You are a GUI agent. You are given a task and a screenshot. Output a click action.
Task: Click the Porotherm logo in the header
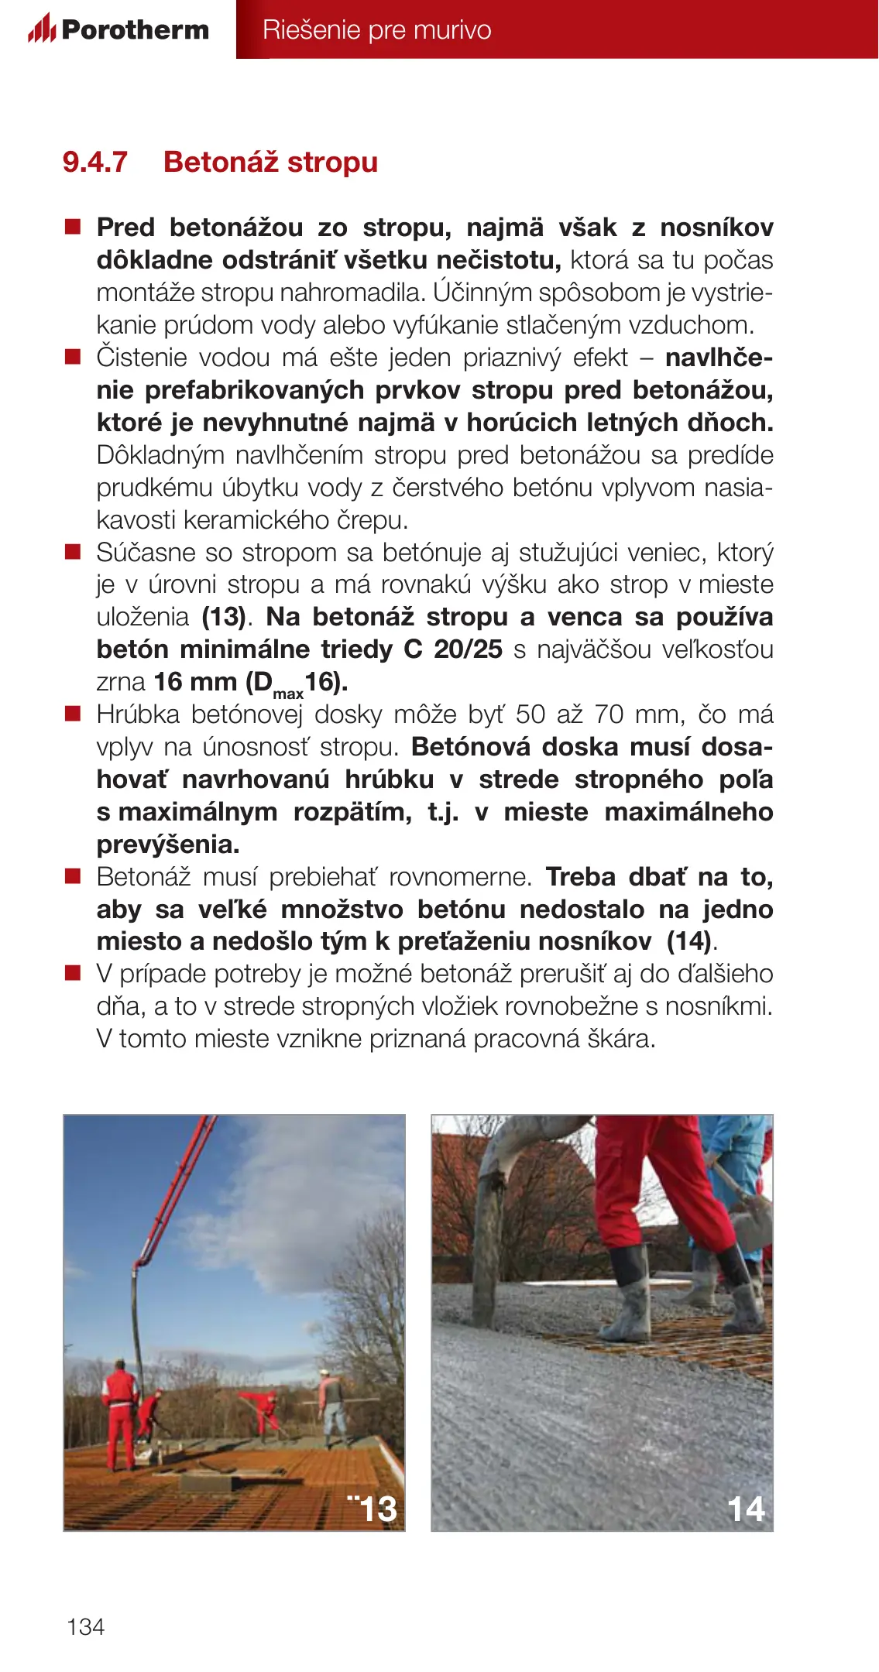118,29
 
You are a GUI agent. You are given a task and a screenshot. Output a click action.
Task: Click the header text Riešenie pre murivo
376,30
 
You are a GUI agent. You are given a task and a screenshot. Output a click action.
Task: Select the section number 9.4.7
94,163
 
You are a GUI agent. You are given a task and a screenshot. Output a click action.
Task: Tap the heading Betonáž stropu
270,163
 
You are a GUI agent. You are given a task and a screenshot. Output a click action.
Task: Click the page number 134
85,1626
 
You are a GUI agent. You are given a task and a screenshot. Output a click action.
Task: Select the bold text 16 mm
195,682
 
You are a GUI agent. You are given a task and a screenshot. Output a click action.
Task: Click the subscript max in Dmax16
288,694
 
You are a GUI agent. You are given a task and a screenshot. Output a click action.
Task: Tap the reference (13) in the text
224,617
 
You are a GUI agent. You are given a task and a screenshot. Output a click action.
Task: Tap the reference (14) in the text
688,941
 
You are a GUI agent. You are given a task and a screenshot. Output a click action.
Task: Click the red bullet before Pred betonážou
73,227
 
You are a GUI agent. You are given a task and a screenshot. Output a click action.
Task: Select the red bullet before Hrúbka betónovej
73,714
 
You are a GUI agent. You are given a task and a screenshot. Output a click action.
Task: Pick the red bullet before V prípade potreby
73,973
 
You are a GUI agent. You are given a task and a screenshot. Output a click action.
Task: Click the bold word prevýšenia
168,845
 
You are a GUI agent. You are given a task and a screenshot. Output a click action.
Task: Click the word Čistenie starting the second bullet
142,358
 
